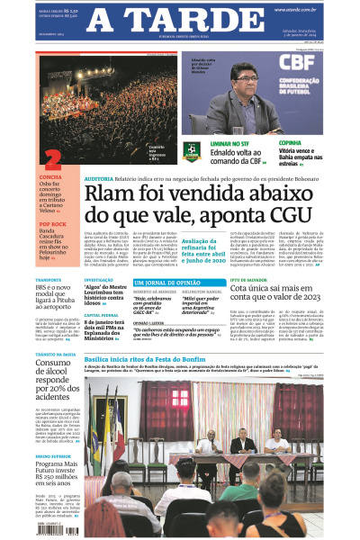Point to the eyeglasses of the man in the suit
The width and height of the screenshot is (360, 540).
pyautogui.click(x=240, y=78)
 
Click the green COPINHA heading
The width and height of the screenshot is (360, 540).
pyautogui.click(x=290, y=142)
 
